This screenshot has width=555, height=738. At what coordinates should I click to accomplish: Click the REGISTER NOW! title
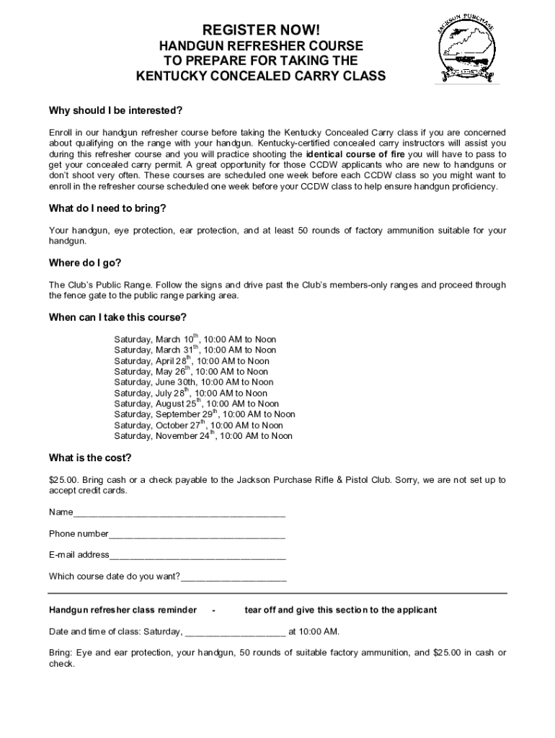(x=260, y=30)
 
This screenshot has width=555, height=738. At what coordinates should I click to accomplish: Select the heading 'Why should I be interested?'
(x=115, y=110)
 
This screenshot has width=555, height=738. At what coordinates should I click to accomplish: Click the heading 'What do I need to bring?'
(x=107, y=208)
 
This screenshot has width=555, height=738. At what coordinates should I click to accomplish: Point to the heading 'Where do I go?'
(x=84, y=262)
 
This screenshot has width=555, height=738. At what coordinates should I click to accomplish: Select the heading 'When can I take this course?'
(x=118, y=317)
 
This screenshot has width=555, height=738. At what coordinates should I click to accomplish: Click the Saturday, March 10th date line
(x=195, y=339)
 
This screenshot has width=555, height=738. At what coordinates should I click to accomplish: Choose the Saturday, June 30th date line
(x=193, y=382)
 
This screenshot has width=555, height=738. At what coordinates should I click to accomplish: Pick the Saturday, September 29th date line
(x=204, y=414)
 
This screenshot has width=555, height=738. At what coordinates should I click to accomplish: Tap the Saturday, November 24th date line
(x=203, y=436)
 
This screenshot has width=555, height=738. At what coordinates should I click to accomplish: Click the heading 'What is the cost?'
(x=89, y=458)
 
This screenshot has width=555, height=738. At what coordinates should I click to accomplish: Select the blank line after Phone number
(x=197, y=535)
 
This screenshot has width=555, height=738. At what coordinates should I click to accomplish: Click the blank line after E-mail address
(x=197, y=556)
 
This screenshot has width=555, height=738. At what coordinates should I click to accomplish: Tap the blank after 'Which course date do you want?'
(x=234, y=577)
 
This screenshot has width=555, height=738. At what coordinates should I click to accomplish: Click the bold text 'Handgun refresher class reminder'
(x=123, y=610)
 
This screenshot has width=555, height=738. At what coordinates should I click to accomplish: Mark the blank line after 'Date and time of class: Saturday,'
(x=235, y=632)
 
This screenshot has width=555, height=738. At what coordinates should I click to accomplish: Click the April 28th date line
(x=191, y=361)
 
